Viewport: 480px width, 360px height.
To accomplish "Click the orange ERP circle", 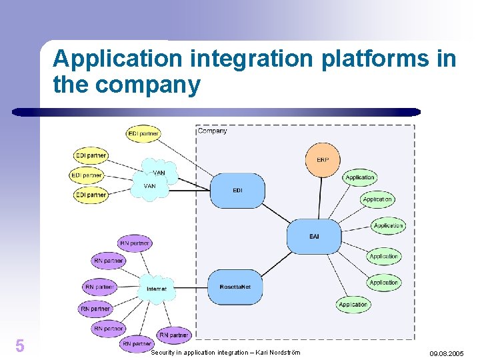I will click(x=323, y=160).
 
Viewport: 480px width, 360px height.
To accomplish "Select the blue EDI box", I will click(x=237, y=191).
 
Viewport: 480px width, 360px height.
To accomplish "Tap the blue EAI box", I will click(x=314, y=236).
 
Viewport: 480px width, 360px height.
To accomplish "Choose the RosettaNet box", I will click(x=239, y=287).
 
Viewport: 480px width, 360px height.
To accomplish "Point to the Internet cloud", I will click(x=157, y=289).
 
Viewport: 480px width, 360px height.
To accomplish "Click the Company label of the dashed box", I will click(x=213, y=131).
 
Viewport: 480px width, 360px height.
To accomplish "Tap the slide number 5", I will click(x=20, y=345).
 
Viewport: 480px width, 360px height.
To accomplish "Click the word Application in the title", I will click(x=117, y=59).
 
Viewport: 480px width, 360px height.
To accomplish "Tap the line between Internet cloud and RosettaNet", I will click(x=190, y=288).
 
